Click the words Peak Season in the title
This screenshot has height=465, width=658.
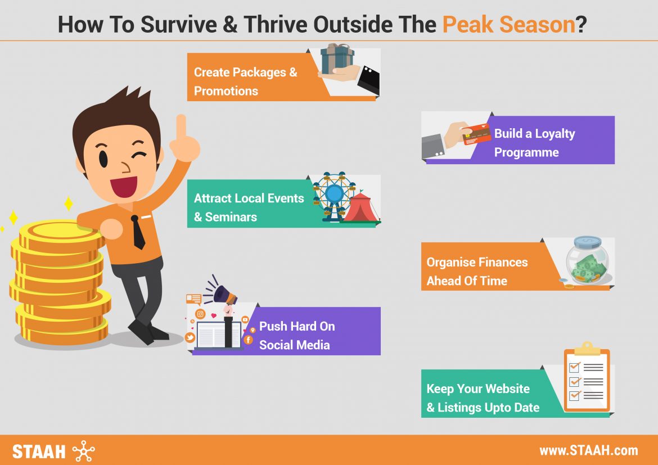(x=509, y=25)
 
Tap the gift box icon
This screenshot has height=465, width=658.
(x=337, y=58)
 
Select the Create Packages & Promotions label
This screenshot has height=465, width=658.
(x=245, y=82)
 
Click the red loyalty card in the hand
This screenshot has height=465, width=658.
(x=475, y=134)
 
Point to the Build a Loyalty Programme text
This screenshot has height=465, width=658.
(x=534, y=143)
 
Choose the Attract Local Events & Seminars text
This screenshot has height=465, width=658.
(x=249, y=207)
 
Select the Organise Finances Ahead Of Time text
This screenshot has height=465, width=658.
(x=477, y=271)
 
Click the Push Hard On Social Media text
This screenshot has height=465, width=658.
(x=296, y=336)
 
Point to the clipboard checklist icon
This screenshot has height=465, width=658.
(x=587, y=379)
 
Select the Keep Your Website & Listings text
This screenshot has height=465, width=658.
(x=483, y=398)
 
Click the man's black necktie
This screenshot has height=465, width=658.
(x=137, y=232)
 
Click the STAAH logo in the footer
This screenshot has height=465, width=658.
(x=53, y=451)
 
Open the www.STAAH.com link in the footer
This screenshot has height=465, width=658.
(x=588, y=450)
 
